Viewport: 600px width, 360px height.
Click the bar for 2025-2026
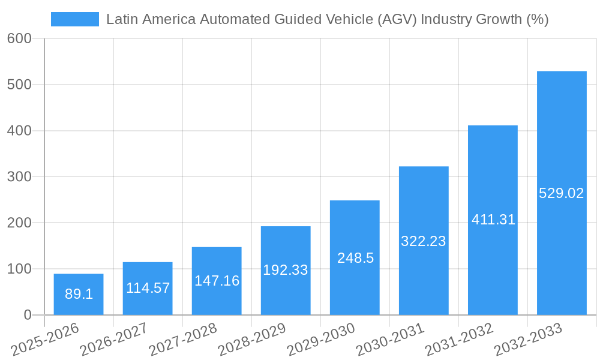tap(79, 294)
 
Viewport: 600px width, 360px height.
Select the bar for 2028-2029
tap(286, 270)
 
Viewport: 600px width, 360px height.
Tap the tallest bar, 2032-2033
tap(562, 193)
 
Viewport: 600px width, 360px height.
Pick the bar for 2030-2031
tap(424, 241)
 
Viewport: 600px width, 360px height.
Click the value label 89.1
tap(79, 294)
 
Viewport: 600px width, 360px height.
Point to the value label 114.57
tap(148, 288)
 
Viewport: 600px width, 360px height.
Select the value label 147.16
tap(217, 281)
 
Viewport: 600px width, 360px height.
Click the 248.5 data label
tap(355, 258)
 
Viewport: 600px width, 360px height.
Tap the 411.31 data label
tap(493, 220)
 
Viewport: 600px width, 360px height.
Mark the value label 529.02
tap(562, 193)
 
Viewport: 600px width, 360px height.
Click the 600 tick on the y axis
tap(19, 38)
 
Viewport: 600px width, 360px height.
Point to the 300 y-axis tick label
tap(19, 176)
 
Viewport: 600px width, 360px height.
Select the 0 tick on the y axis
tap(28, 315)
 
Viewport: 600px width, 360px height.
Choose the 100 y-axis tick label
tap(19, 269)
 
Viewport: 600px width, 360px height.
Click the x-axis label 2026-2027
tap(113, 340)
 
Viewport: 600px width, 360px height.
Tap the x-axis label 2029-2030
tap(320, 340)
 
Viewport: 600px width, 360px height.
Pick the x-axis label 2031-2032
tap(458, 340)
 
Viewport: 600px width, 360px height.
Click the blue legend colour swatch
tap(75, 19)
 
